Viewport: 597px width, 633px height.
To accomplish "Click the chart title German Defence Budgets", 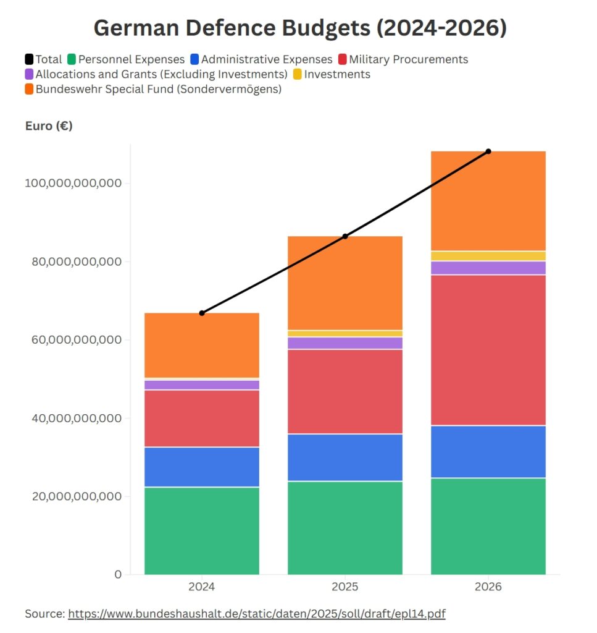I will [299, 28].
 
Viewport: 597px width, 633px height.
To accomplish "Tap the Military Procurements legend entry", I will [408, 59].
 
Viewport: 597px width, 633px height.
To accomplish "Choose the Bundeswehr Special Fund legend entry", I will [158, 89].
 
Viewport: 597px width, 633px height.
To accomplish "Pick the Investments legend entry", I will [337, 74].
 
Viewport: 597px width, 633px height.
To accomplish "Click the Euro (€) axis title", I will [49, 125].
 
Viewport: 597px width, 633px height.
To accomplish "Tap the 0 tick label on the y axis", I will [118, 574].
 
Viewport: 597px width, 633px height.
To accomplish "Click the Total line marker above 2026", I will [488, 151].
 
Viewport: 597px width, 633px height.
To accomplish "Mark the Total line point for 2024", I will [202, 313].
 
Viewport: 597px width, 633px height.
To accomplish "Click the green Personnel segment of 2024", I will [202, 530].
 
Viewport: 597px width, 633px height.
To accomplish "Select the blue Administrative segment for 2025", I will [344, 457].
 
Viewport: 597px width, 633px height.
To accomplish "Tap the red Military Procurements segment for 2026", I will [488, 350].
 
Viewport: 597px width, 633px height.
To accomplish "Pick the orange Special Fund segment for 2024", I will [202, 345].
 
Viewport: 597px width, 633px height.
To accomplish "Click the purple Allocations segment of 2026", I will [488, 268].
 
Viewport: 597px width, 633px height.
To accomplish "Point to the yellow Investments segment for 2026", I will [488, 256].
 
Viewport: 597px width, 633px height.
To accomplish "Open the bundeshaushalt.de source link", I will [256, 614].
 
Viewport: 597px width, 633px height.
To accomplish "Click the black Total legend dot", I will [29, 59].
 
